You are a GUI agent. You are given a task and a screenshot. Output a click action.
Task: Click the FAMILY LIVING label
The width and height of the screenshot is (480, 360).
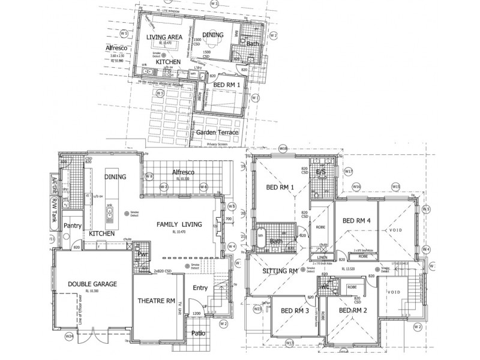tap(179, 224)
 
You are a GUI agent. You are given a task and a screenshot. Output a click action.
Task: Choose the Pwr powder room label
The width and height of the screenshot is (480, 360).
tap(143, 254)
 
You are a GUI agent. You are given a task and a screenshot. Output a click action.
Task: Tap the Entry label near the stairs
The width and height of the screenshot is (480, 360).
tap(200, 288)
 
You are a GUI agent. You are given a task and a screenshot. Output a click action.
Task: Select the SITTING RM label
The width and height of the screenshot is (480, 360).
tap(280, 271)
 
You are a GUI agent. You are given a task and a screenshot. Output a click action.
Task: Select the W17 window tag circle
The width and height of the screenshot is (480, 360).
tap(349, 172)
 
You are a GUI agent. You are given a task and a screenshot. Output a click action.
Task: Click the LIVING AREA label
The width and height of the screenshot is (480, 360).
tap(164, 37)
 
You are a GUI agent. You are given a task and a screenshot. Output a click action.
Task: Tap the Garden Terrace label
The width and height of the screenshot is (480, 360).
tap(218, 132)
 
